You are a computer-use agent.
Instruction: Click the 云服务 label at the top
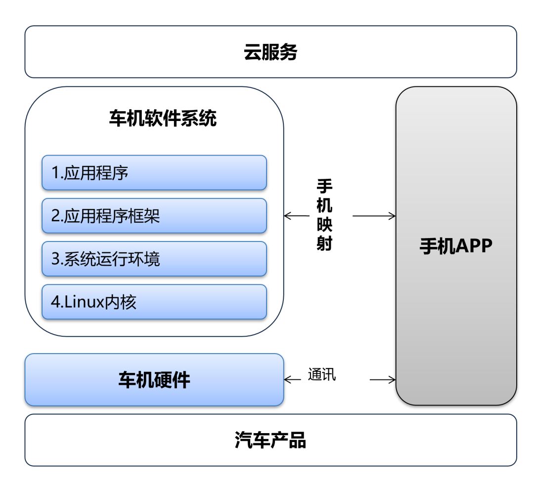point(270,52)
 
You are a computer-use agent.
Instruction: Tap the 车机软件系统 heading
point(163,119)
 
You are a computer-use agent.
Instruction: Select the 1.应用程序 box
point(154,172)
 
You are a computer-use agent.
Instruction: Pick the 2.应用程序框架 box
point(154,216)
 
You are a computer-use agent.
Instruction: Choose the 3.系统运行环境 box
point(154,259)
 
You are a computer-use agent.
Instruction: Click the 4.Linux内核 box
point(154,302)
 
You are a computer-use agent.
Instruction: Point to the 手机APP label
point(456,246)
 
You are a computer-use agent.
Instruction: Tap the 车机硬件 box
point(154,380)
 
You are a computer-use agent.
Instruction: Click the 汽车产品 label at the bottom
point(270,440)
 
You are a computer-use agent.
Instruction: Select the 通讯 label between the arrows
point(322,374)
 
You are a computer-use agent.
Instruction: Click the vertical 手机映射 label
point(324,215)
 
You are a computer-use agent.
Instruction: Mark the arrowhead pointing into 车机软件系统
point(287,216)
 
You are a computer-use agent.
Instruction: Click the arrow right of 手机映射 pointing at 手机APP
point(374,216)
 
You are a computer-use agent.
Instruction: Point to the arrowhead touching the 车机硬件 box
point(287,379)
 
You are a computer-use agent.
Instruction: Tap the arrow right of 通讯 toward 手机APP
point(383,379)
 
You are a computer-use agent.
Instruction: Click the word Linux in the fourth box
point(84,302)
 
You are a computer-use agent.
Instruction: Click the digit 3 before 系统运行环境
point(55,259)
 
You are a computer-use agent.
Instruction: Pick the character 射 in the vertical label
point(324,243)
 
